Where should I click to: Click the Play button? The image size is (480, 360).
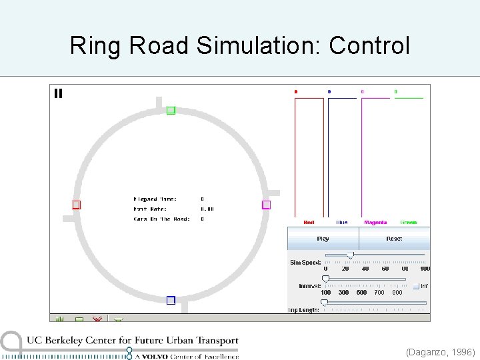click(x=323, y=239)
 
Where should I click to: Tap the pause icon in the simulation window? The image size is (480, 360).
click(x=59, y=93)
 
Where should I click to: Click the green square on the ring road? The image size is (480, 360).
click(x=171, y=111)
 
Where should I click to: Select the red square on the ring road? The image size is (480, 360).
click(x=76, y=205)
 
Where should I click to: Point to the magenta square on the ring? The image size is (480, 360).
click(x=266, y=205)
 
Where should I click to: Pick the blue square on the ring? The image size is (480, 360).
click(x=171, y=300)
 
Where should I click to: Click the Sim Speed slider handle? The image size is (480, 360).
click(x=351, y=255)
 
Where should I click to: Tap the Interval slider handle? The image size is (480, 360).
click(x=325, y=279)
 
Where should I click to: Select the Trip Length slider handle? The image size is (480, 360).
click(x=324, y=303)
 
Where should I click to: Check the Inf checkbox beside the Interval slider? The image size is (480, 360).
click(x=416, y=286)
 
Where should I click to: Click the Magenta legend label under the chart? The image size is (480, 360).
click(x=375, y=223)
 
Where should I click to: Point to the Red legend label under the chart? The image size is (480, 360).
click(x=309, y=223)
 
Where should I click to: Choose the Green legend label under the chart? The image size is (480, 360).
click(x=408, y=223)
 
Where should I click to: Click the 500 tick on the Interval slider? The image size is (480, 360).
click(x=361, y=292)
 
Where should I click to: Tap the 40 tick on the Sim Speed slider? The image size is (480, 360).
click(x=365, y=269)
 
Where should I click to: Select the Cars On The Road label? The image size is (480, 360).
click(x=162, y=219)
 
